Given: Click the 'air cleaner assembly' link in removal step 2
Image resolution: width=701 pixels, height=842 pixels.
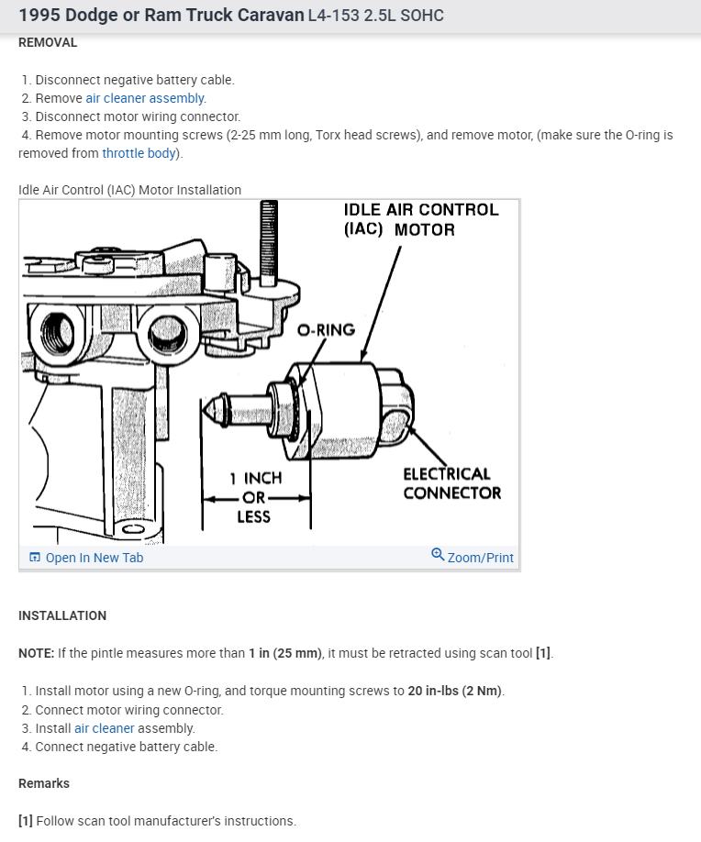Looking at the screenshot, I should point(146,98).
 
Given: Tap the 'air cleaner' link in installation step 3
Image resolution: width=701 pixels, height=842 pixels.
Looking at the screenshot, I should point(105,728).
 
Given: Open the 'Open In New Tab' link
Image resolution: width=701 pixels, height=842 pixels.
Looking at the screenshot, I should point(94,558).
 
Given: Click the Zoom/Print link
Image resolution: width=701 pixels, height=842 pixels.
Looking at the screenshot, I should point(480,558).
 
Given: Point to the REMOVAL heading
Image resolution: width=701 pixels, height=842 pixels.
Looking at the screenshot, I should point(48,42).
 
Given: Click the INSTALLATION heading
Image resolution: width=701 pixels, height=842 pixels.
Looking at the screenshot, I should point(62,615).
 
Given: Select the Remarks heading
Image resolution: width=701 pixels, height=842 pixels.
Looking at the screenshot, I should point(44,783).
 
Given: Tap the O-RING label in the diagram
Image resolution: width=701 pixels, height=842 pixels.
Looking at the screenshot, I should point(326,330).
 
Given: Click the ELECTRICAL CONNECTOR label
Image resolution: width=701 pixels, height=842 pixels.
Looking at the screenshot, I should point(451,483).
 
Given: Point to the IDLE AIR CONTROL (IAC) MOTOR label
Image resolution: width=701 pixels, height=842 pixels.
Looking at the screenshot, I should point(421,219).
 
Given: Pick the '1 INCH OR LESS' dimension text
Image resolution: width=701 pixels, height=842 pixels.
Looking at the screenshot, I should point(255,497).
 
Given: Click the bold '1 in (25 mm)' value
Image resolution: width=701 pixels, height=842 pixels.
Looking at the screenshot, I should point(285,654).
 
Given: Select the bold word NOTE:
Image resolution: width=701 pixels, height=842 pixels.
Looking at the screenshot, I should point(37,654).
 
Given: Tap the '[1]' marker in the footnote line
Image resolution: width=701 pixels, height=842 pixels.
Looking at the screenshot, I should point(26,821).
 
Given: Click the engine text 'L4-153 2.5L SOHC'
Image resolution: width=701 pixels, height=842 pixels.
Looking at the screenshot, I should point(376,17).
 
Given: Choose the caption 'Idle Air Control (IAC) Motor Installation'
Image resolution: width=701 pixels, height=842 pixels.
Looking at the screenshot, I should point(129,190).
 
